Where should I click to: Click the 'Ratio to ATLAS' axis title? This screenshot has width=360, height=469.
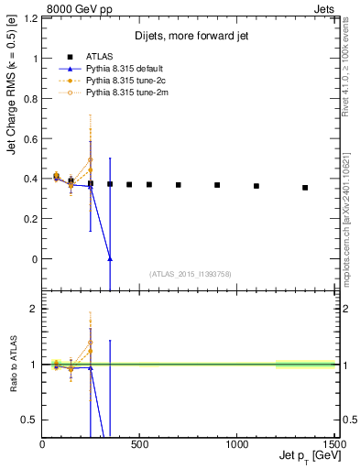coord(12,365)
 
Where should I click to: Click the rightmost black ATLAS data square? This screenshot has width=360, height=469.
coord(305,188)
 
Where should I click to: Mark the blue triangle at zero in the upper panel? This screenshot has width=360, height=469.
coord(110,259)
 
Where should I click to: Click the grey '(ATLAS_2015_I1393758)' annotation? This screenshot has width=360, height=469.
coord(191,273)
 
